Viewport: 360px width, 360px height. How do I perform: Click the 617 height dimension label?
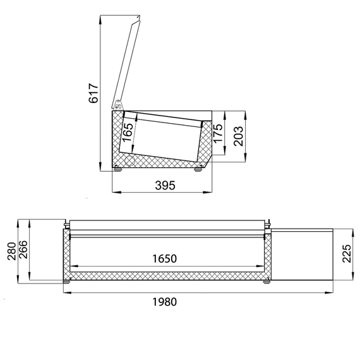(93, 93)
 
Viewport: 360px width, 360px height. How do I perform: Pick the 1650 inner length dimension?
(164, 258)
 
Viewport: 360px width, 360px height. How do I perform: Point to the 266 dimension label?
(23, 255)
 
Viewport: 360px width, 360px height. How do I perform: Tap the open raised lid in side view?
(127, 60)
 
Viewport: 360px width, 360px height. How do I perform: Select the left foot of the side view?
(117, 167)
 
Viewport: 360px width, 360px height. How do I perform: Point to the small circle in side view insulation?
(129, 160)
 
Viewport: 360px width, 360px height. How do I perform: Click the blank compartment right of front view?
(303, 255)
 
